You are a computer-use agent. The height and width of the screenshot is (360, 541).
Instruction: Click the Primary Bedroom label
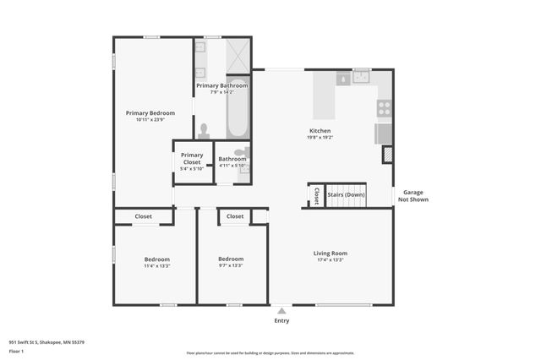150,112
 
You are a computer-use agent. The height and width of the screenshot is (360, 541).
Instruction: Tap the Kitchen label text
320,131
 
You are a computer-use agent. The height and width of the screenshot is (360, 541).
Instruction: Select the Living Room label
331,253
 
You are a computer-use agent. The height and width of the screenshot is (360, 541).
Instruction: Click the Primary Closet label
192,158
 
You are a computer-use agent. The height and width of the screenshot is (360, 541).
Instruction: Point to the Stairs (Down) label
346,195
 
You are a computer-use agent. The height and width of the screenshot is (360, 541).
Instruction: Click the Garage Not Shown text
413,196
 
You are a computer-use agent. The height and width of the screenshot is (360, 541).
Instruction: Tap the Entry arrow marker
281,311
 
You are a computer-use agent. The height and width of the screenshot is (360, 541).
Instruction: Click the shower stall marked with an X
238,55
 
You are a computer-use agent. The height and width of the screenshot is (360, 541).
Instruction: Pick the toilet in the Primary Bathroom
203,131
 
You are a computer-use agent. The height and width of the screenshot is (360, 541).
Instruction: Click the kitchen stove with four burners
384,108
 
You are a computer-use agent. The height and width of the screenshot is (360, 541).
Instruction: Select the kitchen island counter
325,95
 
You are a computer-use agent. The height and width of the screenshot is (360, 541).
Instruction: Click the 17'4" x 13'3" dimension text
331,259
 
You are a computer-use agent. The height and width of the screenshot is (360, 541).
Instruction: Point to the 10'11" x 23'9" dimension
150,119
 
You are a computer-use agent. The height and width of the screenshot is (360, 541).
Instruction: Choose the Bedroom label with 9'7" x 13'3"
231,259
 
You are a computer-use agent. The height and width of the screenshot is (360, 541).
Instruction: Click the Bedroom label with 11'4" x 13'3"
156,259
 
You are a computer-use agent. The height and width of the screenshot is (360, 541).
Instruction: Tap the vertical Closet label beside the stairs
317,196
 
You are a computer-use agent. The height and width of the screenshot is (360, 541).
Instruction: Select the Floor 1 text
16,351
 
